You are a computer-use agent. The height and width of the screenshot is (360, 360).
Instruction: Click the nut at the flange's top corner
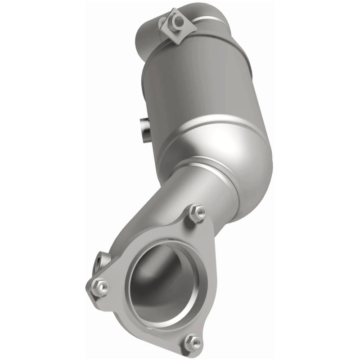click(x=197, y=212)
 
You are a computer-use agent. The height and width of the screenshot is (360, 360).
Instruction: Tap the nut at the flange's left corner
click(x=100, y=286)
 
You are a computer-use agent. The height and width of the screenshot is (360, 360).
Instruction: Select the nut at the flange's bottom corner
click(x=193, y=342)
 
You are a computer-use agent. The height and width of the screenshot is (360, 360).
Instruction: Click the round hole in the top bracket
click(x=179, y=21)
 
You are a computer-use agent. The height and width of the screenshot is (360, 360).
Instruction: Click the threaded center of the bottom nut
click(x=193, y=342)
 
